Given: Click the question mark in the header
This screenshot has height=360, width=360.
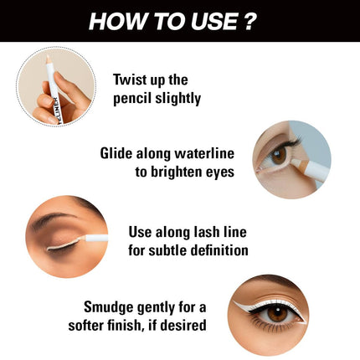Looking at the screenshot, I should (x=249, y=21).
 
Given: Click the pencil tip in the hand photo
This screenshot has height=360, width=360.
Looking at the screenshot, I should (x=48, y=59).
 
